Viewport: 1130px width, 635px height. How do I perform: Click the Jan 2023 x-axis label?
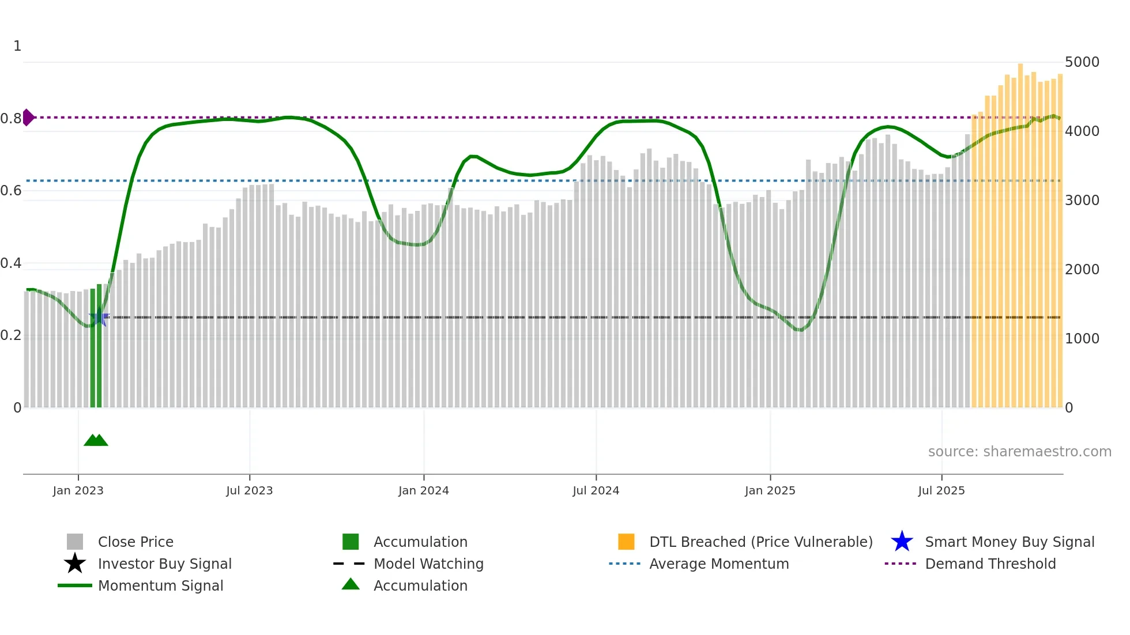coord(78,490)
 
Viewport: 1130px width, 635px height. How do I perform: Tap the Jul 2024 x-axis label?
coord(596,490)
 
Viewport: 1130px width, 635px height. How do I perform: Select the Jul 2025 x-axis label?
coord(941,490)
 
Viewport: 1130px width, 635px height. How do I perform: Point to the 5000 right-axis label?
coord(1082,62)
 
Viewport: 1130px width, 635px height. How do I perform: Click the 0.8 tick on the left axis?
coord(10,119)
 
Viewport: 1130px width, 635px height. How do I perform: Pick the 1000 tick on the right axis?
coord(1082,339)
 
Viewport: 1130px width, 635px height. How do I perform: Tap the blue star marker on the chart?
coord(99,317)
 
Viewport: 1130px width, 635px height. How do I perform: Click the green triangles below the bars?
coord(96,440)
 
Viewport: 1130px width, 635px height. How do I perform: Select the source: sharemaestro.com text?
coord(1019,452)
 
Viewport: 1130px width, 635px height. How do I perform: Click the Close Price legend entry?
coord(135,542)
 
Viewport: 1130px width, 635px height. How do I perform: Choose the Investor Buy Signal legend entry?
coord(164,564)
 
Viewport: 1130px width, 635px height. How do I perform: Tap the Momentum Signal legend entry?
coord(160,586)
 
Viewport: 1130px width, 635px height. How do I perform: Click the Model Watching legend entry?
coord(428,564)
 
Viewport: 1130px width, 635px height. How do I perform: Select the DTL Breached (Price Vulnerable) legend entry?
coord(760,542)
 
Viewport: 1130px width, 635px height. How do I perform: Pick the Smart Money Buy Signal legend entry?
coord(1009,542)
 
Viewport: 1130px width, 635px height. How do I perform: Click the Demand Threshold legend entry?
coord(990,564)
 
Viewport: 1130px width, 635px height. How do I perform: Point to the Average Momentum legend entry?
coord(718,564)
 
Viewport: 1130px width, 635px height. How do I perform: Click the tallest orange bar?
coord(1020,230)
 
